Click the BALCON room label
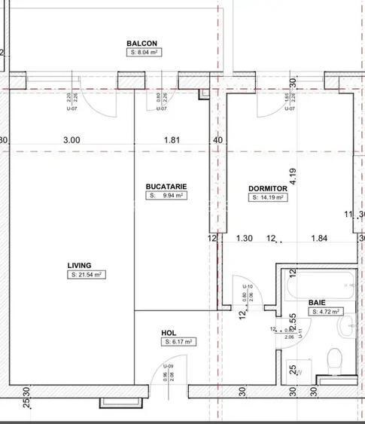pyautogui.click(x=141, y=44)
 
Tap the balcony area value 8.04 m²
pyautogui.click(x=143, y=53)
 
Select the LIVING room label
pyautogui.click(x=79, y=265)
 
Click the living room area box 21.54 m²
pyautogui.click(x=85, y=275)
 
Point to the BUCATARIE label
pyautogui.click(x=166, y=186)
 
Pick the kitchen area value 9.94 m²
pyautogui.click(x=166, y=195)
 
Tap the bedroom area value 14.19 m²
pyautogui.click(x=267, y=198)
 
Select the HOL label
pyautogui.click(x=169, y=332)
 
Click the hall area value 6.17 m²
pyautogui.click(x=178, y=342)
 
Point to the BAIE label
pyautogui.click(x=317, y=301)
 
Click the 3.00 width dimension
pyautogui.click(x=71, y=139)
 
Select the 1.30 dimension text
pyautogui.click(x=244, y=239)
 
